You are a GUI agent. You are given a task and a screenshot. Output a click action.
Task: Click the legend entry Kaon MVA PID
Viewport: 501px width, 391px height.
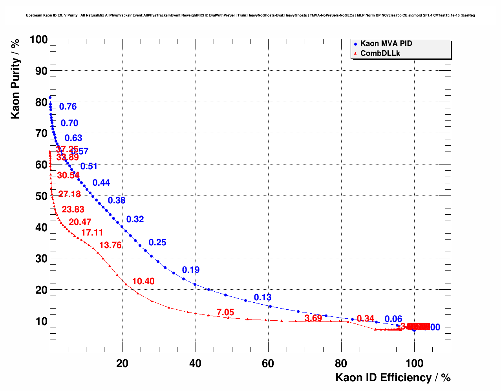(x=386, y=44)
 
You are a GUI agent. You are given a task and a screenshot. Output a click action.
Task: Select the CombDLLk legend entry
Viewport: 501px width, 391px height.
(x=380, y=53)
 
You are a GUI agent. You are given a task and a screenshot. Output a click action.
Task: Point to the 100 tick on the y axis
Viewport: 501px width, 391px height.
(x=38, y=40)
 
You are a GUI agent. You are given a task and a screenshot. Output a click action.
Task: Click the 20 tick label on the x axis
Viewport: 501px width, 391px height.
(x=123, y=364)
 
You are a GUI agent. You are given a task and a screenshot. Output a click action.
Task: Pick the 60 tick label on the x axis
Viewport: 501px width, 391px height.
(x=268, y=364)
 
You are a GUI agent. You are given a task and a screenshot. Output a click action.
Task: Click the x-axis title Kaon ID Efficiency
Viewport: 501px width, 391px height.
(x=393, y=378)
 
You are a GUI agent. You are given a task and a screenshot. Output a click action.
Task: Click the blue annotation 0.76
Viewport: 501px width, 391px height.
(x=68, y=107)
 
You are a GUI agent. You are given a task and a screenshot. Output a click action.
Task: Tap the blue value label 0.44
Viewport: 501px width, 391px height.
(x=101, y=183)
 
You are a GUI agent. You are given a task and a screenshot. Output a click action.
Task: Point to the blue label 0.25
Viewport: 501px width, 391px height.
(x=157, y=243)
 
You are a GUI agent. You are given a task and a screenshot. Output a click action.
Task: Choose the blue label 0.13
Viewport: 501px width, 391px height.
(x=263, y=298)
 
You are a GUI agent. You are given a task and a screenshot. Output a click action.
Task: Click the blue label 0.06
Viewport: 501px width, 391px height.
(x=393, y=319)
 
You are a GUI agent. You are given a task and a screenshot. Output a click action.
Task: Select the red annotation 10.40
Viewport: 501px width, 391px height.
(x=143, y=281)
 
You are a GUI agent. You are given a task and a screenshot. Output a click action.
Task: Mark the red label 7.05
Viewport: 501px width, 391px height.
(x=225, y=312)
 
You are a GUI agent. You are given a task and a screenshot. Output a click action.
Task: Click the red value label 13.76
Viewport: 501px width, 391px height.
(x=110, y=245)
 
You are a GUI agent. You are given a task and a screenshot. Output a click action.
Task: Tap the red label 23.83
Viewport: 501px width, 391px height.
(x=73, y=210)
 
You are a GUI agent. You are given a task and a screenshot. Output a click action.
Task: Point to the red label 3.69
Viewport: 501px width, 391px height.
(x=313, y=318)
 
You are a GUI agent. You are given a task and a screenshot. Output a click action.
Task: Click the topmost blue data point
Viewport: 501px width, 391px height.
(x=50, y=97)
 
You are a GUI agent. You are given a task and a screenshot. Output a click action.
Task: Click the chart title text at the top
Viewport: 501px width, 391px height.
(x=250, y=15)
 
